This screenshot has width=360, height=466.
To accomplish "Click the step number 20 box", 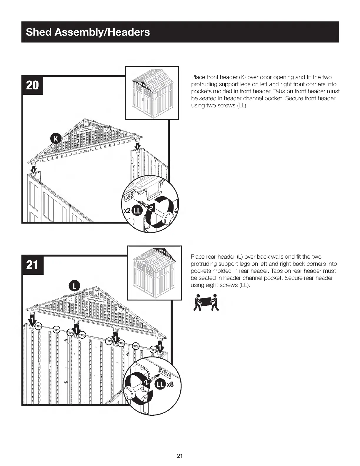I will (x=32, y=85).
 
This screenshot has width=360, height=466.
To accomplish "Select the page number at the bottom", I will (x=180, y=456).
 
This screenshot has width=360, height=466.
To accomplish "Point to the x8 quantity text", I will (x=170, y=384).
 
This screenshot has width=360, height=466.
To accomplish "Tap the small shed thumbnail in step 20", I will (x=152, y=93).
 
